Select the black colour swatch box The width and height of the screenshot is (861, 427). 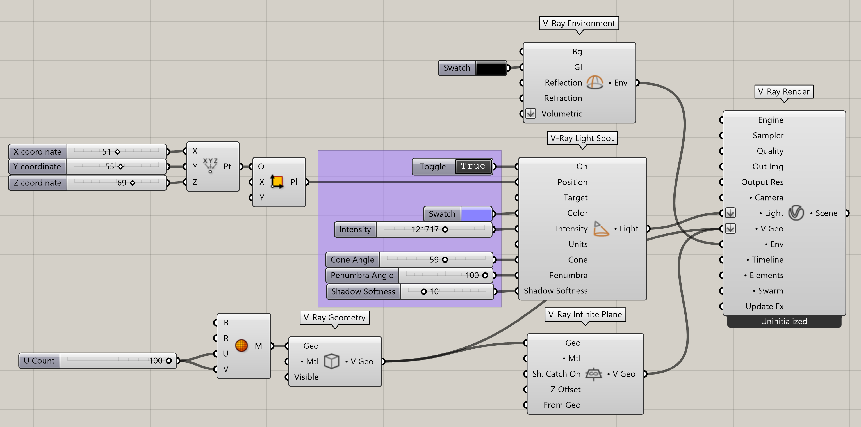click(491, 68)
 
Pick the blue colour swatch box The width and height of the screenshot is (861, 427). click(476, 214)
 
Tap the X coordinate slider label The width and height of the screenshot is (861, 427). click(38, 151)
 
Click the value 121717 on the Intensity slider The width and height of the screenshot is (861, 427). click(425, 229)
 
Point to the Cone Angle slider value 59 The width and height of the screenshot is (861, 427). click(434, 260)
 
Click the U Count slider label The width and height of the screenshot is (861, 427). click(39, 361)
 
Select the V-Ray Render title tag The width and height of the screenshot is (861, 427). click(784, 91)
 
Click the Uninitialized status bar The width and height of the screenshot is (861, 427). click(784, 321)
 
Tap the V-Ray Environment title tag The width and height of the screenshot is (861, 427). click(579, 23)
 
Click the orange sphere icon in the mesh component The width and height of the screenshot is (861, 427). click(241, 346)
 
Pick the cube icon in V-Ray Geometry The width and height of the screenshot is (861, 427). click(332, 361)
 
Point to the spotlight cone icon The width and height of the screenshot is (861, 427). click(601, 229)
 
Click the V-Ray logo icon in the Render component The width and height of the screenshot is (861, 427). click(796, 213)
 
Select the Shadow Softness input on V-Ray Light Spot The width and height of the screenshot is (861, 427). click(555, 291)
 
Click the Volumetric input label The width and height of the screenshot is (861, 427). click(562, 114)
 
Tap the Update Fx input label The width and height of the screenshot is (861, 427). click(764, 306)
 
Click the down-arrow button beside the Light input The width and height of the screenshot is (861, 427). click(730, 213)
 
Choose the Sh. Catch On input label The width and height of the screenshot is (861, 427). click(556, 374)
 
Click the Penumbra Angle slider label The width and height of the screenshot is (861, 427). click(362, 276)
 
